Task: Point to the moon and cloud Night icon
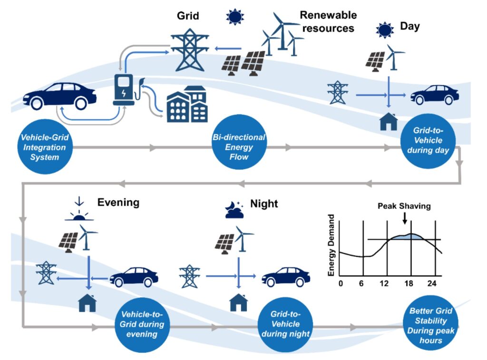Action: [x=234, y=209]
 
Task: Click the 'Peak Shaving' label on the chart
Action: [x=404, y=206]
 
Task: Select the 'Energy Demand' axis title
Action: [x=331, y=245]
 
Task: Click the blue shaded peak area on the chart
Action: [x=404, y=236]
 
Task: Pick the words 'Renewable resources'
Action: [x=328, y=21]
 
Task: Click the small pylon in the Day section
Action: [x=338, y=93]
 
